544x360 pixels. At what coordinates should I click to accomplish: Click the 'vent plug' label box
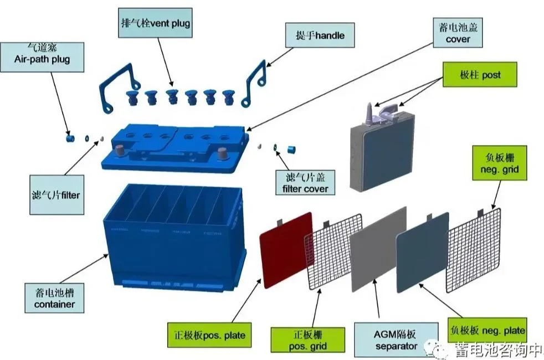(x=155, y=24)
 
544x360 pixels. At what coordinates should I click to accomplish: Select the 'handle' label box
(x=320, y=35)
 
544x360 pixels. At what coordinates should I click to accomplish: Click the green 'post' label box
(x=480, y=74)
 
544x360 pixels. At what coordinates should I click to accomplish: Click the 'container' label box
(x=54, y=299)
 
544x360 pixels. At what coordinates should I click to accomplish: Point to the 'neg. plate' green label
(x=486, y=330)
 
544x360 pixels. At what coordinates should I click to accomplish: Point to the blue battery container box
(x=172, y=238)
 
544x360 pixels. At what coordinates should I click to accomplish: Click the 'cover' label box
(x=458, y=33)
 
